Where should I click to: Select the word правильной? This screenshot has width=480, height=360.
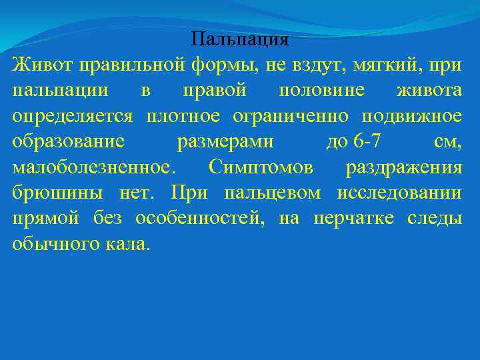[130, 65]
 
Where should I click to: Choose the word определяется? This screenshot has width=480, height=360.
[73, 117]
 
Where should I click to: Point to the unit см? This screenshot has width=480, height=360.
[447, 142]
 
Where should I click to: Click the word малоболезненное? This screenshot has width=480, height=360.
[90, 167]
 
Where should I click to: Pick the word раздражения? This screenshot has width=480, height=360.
[403, 167]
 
